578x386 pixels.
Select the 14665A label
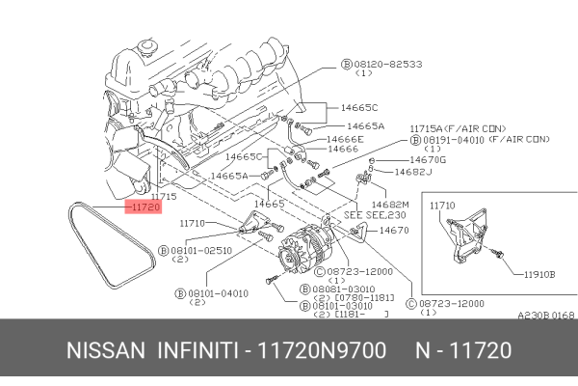[365, 125]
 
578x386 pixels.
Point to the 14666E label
[345, 138]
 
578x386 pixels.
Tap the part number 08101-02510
[204, 249]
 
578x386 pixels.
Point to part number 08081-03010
[342, 289]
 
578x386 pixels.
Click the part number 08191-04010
[450, 139]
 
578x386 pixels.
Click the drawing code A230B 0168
[545, 315]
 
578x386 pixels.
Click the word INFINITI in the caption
[198, 350]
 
